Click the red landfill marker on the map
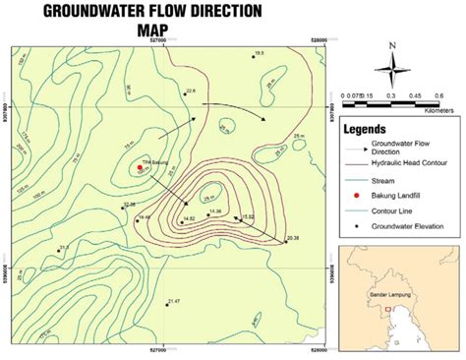[141, 168]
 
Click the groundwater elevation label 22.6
[191, 91]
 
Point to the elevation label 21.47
[173, 301]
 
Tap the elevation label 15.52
[249, 216]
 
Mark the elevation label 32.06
[129, 205]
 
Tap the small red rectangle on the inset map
[388, 309]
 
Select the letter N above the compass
[391, 45]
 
